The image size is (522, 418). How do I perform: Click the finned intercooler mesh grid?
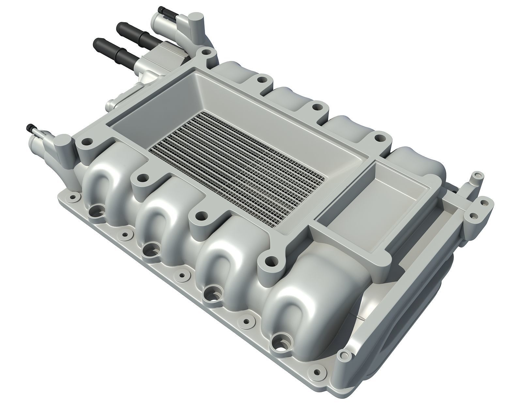point(237,167)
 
